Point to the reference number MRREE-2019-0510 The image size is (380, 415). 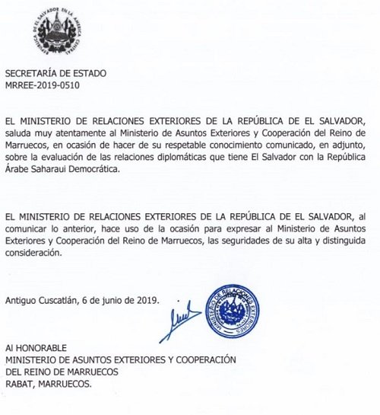point(43,85)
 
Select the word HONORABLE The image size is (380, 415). point(41,349)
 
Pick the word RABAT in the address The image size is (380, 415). point(20,383)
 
